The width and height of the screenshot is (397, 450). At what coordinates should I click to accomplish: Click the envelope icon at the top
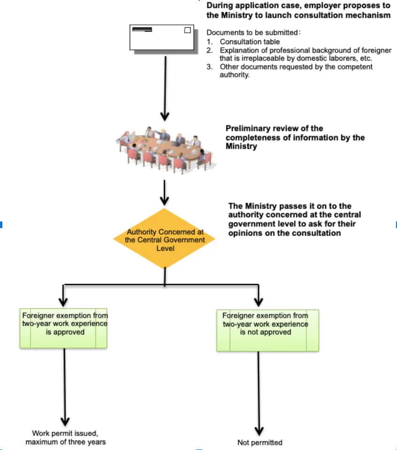point(163,39)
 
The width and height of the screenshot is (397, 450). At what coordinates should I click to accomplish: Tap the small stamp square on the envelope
point(187,30)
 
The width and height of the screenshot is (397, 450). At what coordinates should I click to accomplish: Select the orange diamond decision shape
point(164,238)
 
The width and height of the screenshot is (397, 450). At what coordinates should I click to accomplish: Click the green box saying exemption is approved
point(63,328)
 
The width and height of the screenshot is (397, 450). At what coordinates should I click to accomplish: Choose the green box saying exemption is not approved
point(268,330)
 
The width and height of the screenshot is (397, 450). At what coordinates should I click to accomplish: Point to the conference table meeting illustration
point(166,150)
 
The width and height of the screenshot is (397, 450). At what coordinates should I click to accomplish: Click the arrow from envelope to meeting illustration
point(165,88)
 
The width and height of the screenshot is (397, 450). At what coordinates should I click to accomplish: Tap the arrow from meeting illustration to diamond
point(164,192)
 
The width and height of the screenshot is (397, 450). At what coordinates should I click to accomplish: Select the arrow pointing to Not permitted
point(259,394)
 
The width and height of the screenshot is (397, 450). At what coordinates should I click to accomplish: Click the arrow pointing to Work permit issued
point(65,387)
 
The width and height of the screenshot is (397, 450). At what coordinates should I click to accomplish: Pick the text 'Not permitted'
point(260,442)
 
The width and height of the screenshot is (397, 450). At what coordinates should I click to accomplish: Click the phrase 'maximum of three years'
point(65,442)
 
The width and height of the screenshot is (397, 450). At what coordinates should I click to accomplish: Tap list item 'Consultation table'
point(249,42)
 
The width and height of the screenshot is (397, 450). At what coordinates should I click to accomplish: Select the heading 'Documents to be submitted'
point(252,32)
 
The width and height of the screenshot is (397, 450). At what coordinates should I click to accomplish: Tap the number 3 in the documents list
point(209,67)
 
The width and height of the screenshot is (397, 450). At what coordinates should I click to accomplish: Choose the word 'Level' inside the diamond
point(165,248)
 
